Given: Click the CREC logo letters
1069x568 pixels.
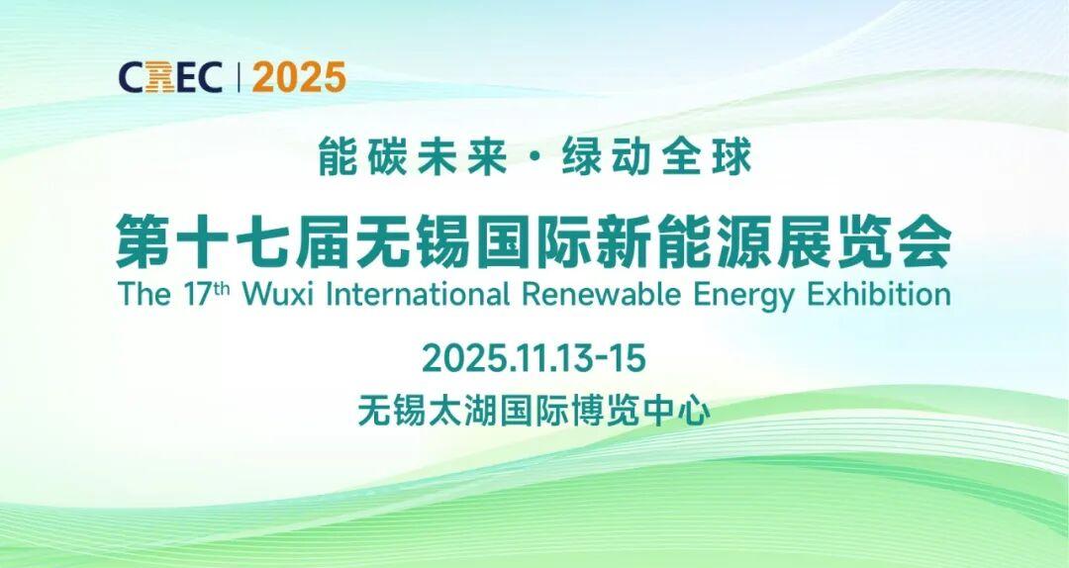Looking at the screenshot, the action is click(170, 77).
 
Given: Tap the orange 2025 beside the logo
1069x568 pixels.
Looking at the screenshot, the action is click(299, 77).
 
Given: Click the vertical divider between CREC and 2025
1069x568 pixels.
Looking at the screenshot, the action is click(238, 77).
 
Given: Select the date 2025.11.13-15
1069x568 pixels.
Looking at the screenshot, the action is click(534, 358).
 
